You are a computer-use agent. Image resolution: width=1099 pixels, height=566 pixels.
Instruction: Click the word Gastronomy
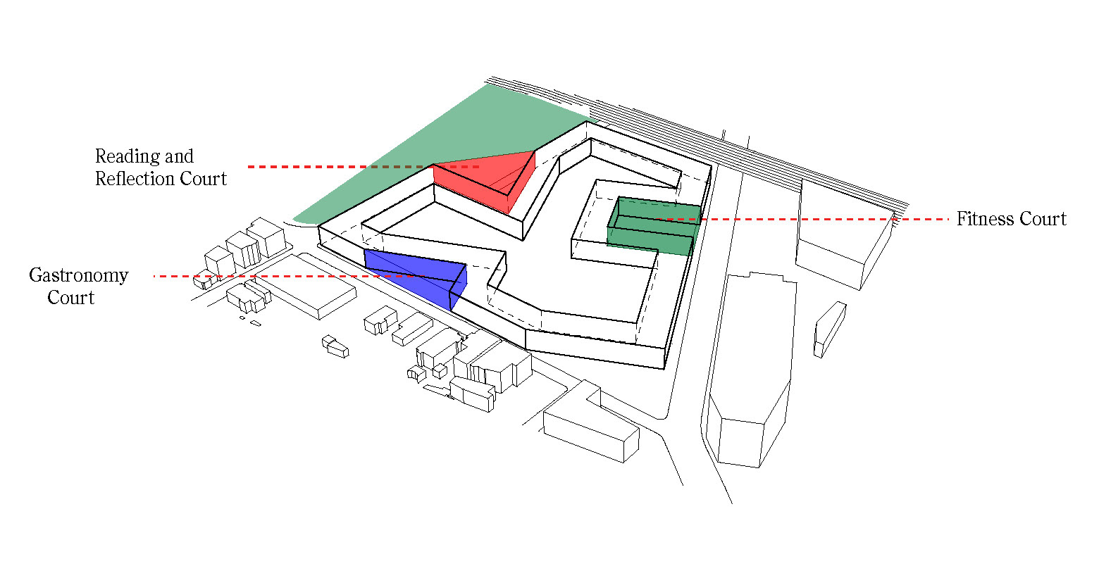[79, 276]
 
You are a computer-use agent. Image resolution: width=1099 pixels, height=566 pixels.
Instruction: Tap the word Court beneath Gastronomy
[71, 298]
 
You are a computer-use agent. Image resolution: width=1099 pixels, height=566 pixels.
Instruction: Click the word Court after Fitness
[1043, 219]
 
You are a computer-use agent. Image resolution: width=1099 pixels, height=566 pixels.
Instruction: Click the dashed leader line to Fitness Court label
[805, 219]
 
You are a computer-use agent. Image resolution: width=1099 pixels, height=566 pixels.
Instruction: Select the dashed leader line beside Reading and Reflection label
[363, 167]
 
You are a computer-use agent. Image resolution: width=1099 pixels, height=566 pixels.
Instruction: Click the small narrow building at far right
[830, 329]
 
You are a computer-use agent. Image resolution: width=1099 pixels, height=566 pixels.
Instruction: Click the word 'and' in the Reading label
[179, 156]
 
